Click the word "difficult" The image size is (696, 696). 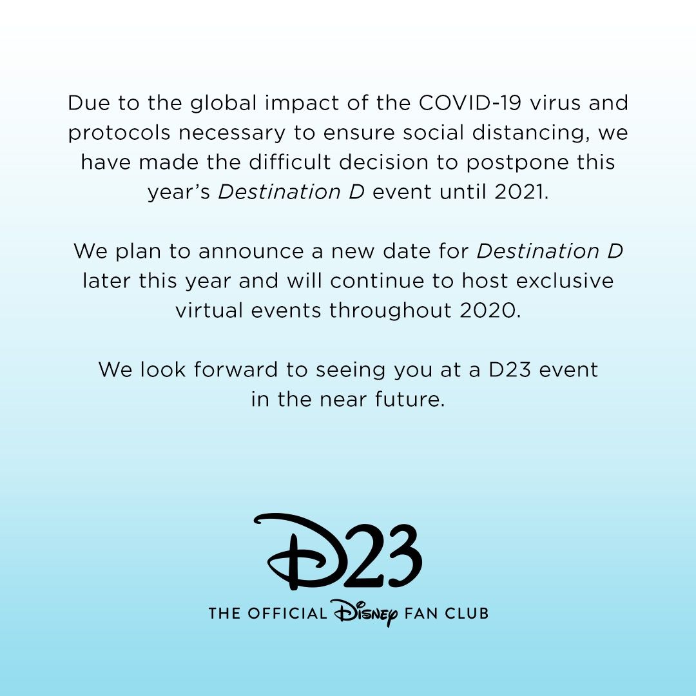279,162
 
